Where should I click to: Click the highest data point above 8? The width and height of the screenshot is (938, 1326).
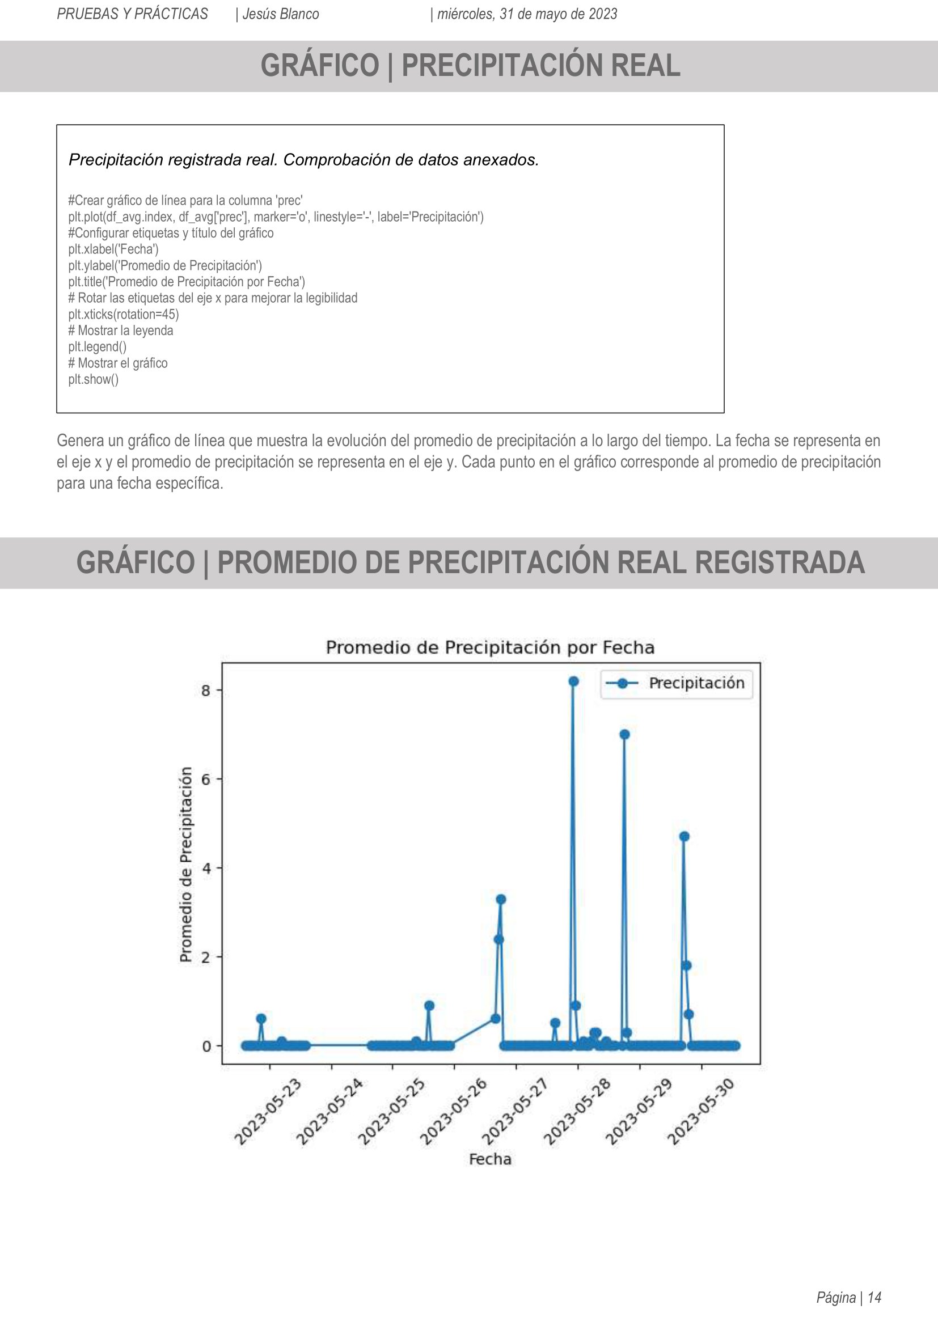click(573, 681)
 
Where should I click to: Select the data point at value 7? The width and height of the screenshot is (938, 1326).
click(624, 735)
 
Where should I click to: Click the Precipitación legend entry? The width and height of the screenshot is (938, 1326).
click(677, 683)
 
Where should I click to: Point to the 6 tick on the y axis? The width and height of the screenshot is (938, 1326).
click(206, 779)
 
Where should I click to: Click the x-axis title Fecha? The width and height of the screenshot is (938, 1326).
click(490, 1159)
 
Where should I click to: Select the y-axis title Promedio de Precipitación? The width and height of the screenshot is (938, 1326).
click(185, 865)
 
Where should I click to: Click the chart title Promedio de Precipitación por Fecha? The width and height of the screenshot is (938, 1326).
click(490, 647)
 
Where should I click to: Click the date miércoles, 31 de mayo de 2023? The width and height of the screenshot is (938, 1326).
click(527, 14)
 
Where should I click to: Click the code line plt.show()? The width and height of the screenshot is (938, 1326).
click(94, 379)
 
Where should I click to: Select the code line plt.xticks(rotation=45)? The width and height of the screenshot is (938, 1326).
click(124, 314)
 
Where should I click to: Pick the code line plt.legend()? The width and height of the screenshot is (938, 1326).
click(97, 346)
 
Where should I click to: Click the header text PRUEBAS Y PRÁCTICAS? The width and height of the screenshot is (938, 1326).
click(132, 14)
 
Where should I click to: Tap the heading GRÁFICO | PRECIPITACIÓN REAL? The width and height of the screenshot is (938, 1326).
click(470, 65)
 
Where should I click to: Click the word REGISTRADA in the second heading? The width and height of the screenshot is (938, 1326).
click(779, 562)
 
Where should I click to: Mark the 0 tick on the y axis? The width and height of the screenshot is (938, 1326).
click(206, 1046)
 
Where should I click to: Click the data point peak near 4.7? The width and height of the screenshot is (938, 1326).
click(685, 836)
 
